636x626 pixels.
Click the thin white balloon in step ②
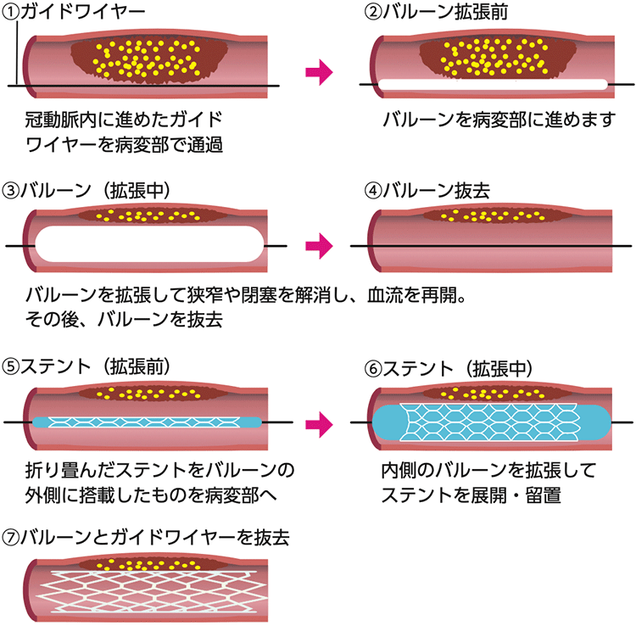[x=492, y=85]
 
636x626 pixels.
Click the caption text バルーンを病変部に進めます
[x=497, y=119]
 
